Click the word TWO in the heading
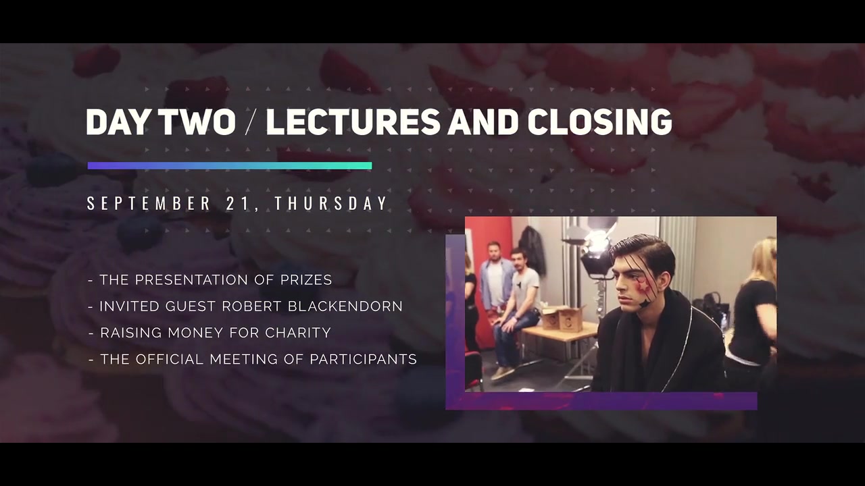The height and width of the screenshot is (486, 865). [x=197, y=122]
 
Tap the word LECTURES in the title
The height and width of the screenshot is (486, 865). [x=353, y=122]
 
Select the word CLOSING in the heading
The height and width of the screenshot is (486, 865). [x=599, y=122]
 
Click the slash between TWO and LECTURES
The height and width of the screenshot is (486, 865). [x=251, y=122]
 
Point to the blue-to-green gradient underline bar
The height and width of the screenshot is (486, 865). [x=230, y=165]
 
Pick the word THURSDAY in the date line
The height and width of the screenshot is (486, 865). [x=330, y=203]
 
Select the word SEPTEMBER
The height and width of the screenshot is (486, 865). [x=149, y=203]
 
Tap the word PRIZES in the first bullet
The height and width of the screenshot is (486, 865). [x=306, y=279]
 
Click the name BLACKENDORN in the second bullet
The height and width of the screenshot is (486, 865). [x=345, y=306]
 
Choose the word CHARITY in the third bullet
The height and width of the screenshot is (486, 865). [x=298, y=333]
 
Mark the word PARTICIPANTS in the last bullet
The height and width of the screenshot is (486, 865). [x=363, y=359]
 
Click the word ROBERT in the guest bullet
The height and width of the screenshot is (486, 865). [x=251, y=306]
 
